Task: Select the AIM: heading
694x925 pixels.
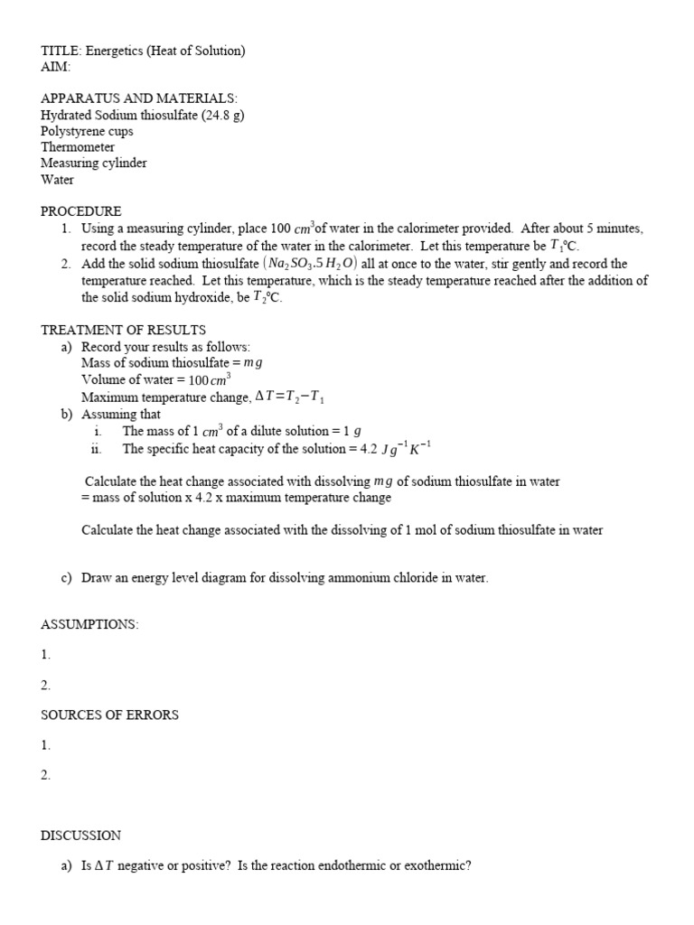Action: (55, 67)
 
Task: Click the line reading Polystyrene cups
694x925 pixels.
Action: (87, 131)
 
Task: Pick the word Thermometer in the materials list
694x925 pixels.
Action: (78, 147)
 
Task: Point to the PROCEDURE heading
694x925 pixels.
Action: (80, 211)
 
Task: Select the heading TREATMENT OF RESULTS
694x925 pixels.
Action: (123, 330)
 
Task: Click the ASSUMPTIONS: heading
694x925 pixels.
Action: (89, 624)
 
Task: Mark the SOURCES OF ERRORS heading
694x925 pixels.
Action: (109, 715)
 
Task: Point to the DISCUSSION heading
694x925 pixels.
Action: (80, 836)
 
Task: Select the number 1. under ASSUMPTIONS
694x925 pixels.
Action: (46, 654)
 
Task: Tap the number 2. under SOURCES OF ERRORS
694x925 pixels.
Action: (46, 775)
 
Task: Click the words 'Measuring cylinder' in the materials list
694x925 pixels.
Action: (94, 164)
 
